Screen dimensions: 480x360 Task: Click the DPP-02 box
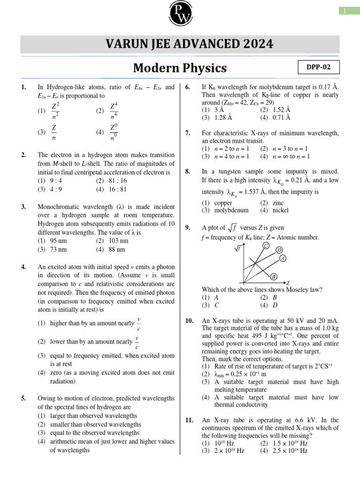[319, 67]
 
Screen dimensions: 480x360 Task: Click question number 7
[187, 133]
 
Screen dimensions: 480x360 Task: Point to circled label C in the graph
[266, 246]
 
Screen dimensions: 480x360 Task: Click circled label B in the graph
[274, 276]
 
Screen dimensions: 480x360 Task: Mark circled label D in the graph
[279, 250]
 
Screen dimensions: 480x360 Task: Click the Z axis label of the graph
[288, 283]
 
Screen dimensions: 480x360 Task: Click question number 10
[189, 320]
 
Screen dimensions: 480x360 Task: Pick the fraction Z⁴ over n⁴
[114, 111]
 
